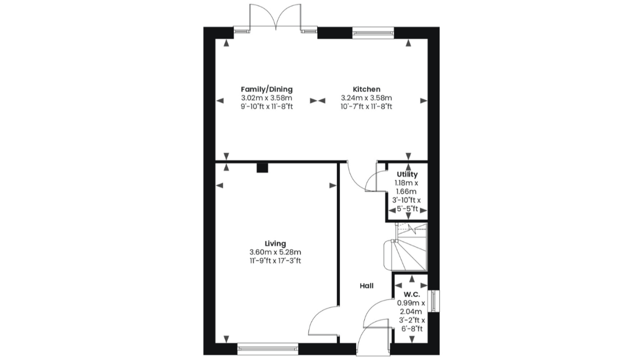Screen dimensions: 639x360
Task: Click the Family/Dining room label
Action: (x=267, y=89)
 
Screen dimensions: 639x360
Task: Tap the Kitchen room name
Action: (x=367, y=89)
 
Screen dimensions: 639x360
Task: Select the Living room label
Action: (x=275, y=243)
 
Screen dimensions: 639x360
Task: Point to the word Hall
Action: (x=367, y=286)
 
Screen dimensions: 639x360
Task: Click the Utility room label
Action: (x=407, y=174)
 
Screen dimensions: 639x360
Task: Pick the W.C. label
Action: (x=412, y=294)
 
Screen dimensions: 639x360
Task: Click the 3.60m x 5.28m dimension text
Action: (x=275, y=252)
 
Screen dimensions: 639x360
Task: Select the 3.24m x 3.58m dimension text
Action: (x=367, y=98)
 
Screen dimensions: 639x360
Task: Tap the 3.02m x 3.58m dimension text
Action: (x=267, y=98)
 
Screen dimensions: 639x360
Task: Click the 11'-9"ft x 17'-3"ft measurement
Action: (x=275, y=261)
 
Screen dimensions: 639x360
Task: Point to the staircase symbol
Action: (x=405, y=247)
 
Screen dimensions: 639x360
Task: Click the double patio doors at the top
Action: (x=275, y=17)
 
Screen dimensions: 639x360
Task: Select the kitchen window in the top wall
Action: (x=373, y=33)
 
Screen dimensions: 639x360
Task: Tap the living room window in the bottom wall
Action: (x=268, y=348)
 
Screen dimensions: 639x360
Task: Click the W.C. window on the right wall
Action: (x=433, y=301)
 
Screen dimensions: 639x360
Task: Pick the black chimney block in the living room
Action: (x=262, y=168)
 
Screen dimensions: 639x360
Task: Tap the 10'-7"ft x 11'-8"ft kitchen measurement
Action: (x=367, y=107)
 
